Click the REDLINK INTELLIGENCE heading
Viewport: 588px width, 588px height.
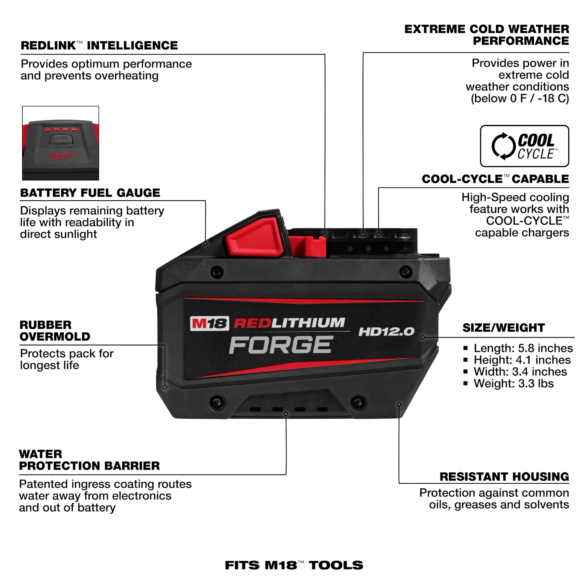point(99,45)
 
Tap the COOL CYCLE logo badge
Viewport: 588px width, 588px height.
point(524,146)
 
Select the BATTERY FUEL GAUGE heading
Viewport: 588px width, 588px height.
point(90,193)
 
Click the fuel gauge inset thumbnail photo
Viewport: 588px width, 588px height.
point(60,143)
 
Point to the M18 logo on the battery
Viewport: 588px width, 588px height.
point(209,323)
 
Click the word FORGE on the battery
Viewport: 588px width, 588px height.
point(281,345)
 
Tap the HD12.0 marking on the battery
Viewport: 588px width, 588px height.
point(386,332)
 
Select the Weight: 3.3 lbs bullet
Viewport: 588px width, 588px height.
point(513,383)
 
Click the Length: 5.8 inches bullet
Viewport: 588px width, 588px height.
point(523,348)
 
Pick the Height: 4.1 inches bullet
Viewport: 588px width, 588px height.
point(522,360)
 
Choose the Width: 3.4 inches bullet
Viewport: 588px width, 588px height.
point(520,372)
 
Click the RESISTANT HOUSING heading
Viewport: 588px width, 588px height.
point(504,477)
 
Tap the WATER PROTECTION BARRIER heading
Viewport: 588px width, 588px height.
point(89,460)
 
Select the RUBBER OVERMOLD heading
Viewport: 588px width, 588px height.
point(55,331)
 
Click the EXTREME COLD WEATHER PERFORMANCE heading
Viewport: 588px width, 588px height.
point(486,35)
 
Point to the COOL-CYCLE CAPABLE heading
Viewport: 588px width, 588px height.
point(495,179)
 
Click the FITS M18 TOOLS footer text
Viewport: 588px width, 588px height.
point(294,565)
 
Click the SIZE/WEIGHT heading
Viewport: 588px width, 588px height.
point(503,328)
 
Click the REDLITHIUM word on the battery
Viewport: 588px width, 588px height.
point(289,323)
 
